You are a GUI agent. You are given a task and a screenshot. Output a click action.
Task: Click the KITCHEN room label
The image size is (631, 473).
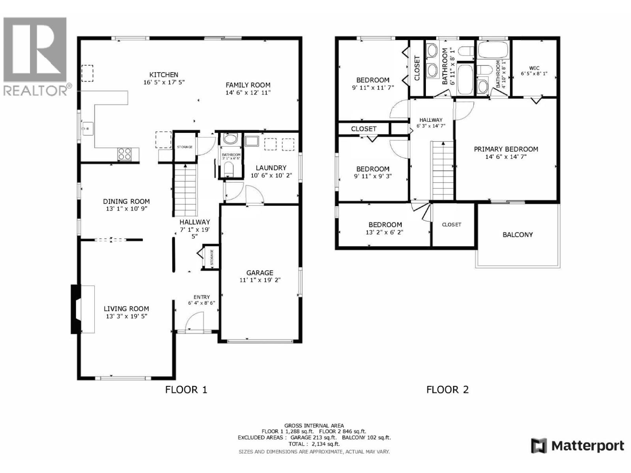pos(164,74)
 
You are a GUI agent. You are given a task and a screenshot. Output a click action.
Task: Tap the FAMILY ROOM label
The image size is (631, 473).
pos(248,85)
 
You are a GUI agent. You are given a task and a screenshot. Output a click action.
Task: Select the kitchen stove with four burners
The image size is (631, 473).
pos(124,153)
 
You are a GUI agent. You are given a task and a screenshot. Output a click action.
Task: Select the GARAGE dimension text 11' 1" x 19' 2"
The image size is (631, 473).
pos(259,280)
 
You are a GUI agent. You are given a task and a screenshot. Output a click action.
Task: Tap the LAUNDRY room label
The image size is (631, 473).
pos(271,168)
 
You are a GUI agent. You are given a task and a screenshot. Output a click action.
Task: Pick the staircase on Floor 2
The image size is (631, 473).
pos(443,170)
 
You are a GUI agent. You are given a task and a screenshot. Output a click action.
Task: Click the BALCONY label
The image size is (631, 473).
pos(517,235)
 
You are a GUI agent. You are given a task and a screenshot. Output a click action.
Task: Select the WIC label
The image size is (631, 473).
pos(534,68)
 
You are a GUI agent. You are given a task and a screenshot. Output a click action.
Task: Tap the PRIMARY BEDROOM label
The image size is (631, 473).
pos(506,149)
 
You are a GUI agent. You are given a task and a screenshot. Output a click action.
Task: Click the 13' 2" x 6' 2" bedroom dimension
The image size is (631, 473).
pos(385,232)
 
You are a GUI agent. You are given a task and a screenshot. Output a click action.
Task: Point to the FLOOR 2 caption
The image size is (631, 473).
pos(447,390)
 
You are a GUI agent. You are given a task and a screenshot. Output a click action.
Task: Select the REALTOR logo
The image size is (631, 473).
pos(35,55)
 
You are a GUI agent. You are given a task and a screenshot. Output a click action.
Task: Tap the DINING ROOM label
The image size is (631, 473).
pos(126,201)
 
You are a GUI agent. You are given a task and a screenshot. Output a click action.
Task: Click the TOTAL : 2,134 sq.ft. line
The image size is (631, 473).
pos(314,444)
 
